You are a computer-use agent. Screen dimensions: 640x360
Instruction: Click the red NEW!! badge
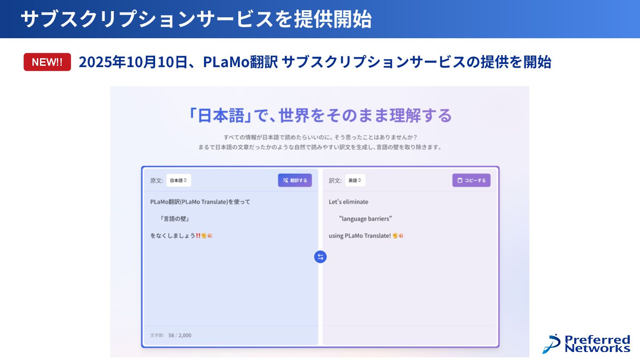tap(47, 62)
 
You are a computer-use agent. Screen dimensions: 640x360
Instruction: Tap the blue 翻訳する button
tap(295, 180)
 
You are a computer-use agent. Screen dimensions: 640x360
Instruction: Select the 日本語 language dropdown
tap(179, 180)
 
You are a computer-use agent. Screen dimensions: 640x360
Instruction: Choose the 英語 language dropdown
tap(355, 180)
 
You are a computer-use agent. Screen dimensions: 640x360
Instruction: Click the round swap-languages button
tap(320, 256)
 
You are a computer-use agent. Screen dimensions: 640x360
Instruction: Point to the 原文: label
tap(156, 180)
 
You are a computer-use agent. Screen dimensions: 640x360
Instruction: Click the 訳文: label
tap(335, 180)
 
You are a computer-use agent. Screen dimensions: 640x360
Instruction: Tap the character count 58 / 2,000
tap(180, 335)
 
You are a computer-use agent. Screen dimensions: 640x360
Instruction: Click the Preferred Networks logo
tap(586, 344)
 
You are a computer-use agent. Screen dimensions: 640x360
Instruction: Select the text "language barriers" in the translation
tap(365, 219)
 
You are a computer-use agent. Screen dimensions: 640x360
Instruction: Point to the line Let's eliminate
tap(348, 202)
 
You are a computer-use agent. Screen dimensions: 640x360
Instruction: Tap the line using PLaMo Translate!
tap(360, 236)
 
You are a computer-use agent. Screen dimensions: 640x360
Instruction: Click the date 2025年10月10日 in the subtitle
tap(132, 62)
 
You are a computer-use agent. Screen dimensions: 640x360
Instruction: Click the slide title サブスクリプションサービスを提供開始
tap(196, 20)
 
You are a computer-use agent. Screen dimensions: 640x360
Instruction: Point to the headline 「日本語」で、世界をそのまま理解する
tap(320, 116)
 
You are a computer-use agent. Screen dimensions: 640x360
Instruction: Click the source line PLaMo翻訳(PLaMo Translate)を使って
tap(200, 202)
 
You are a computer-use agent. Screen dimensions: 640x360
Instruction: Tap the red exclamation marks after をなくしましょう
tap(198, 236)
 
